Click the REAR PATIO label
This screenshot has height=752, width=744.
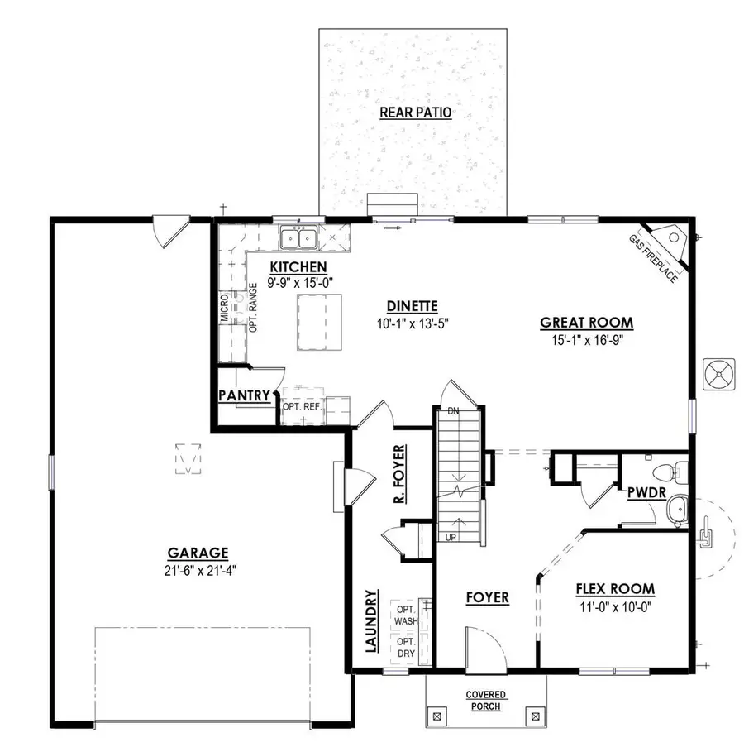415,113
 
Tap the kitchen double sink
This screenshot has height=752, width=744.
300,239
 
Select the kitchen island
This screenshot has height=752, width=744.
319,322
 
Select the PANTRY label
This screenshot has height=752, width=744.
244,396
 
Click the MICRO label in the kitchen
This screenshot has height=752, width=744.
224,307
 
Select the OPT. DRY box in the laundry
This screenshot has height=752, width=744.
406,648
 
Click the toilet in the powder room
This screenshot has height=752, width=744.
669,472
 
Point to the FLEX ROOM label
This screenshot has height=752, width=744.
615,589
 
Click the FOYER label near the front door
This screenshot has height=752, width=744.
487,597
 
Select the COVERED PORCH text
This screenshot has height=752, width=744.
486,701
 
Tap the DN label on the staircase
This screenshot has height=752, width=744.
452,411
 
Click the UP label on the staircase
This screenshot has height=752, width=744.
451,537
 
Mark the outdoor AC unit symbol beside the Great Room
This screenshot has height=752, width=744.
718,374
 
